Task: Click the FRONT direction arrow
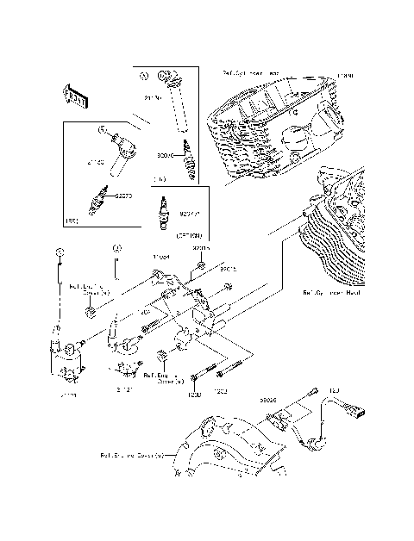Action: tap(75, 95)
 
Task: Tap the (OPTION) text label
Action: tap(189, 235)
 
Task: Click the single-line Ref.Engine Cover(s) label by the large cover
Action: tap(131, 455)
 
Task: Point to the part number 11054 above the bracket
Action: tap(160, 257)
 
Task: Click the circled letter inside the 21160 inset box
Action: tap(102, 130)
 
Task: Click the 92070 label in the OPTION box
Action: tap(189, 212)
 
